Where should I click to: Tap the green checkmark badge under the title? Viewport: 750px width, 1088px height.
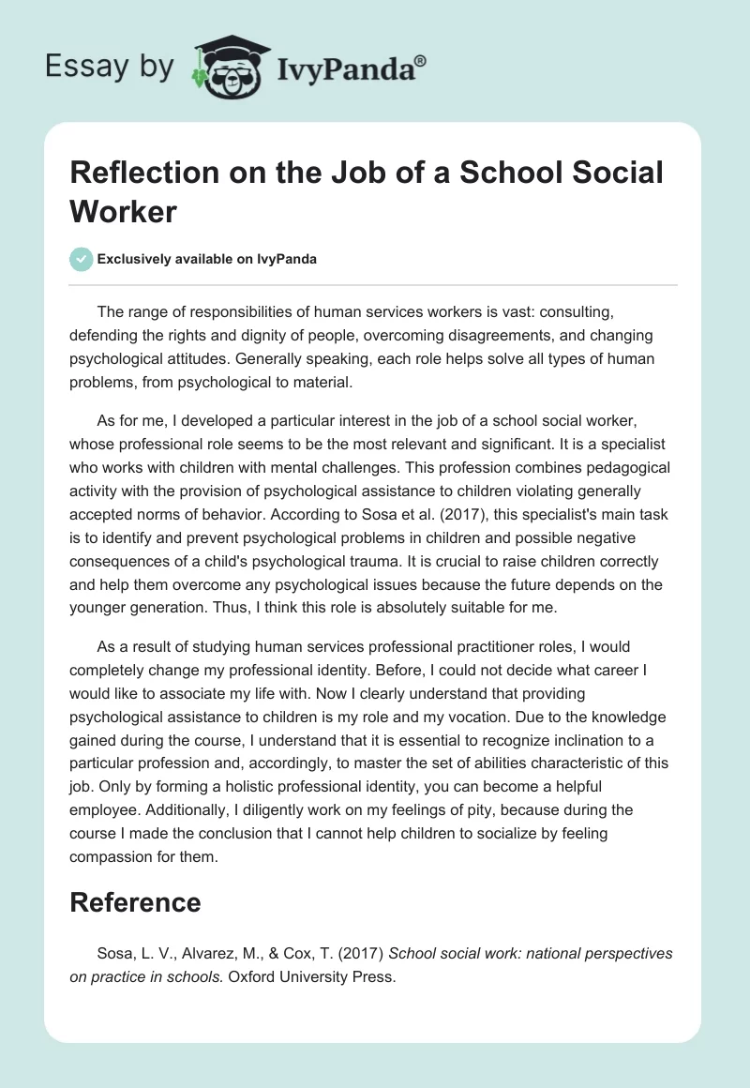(82, 259)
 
